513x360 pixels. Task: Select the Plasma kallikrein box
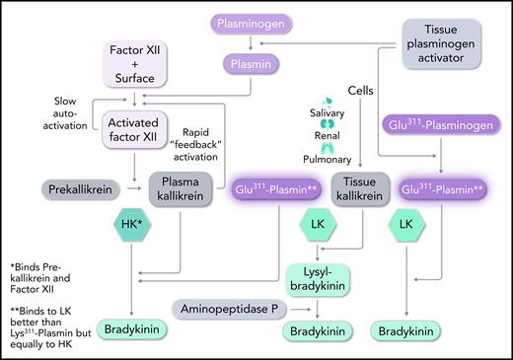183,187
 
